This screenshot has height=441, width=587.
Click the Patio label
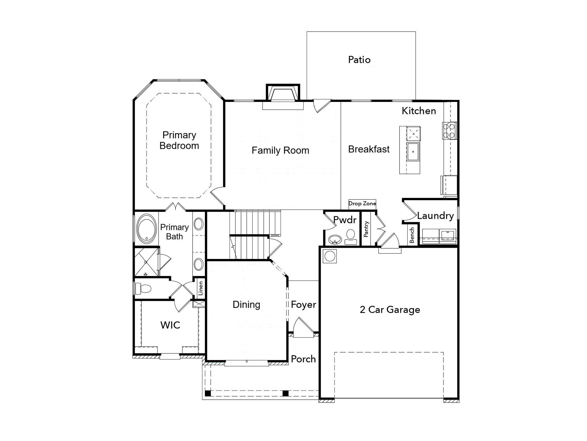(x=359, y=60)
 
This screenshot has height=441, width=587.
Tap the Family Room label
(x=280, y=150)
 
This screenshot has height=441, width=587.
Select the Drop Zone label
(x=362, y=204)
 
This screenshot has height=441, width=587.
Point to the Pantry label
(x=366, y=229)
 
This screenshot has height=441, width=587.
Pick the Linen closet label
(x=201, y=288)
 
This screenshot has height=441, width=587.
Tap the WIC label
(x=170, y=325)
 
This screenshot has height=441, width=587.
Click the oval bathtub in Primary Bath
(x=147, y=229)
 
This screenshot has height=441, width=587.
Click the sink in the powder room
(x=335, y=239)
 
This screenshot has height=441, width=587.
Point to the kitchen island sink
(x=413, y=151)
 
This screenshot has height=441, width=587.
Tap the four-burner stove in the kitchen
(x=449, y=131)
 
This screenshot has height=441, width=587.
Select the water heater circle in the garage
(x=330, y=256)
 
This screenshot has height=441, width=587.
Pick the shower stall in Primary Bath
(x=146, y=262)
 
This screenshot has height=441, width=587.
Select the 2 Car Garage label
(x=390, y=310)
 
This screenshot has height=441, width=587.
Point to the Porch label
(x=303, y=359)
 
